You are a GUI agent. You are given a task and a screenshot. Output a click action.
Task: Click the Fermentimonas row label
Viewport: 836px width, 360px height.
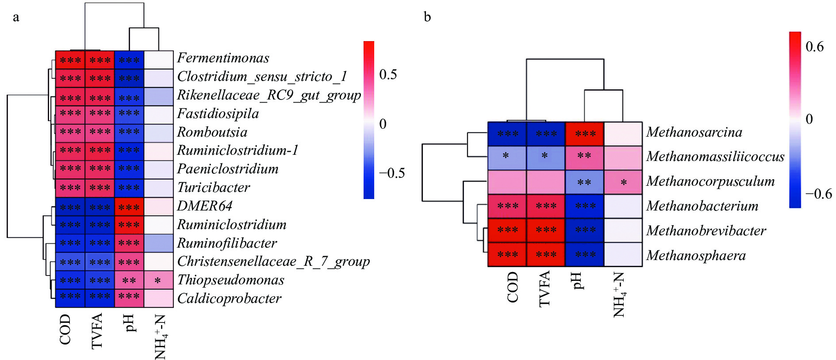tap(223, 58)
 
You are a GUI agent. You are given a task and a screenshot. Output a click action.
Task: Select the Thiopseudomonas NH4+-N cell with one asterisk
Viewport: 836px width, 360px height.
tap(158, 280)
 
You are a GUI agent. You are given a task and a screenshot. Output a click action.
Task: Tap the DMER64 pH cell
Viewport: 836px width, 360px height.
tap(129, 206)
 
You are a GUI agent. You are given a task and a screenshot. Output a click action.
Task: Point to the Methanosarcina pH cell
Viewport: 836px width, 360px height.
tap(584, 134)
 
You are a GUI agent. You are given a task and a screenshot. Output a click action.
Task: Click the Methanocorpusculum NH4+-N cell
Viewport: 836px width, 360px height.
tap(623, 182)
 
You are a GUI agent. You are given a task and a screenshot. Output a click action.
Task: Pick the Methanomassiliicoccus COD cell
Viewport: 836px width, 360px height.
tap(507, 158)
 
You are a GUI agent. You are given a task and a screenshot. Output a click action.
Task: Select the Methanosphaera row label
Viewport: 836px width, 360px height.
tap(696, 256)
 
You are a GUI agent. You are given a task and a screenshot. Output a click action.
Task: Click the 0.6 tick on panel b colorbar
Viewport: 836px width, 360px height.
tap(815, 46)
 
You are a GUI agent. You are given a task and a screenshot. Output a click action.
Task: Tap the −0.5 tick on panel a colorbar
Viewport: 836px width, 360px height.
tap(391, 173)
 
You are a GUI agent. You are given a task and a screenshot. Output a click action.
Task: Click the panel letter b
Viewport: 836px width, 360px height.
tap(427, 17)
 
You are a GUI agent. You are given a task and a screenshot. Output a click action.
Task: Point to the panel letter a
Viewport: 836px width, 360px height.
tap(16, 18)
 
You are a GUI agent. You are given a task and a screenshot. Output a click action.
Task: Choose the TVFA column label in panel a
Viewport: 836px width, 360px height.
tap(97, 331)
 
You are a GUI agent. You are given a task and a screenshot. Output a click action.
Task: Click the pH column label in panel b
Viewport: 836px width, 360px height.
tap(577, 280)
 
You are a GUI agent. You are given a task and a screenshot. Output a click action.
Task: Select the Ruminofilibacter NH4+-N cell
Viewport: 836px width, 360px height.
tap(158, 243)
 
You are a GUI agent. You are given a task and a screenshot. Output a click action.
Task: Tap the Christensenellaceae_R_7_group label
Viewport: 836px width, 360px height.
tap(273, 262)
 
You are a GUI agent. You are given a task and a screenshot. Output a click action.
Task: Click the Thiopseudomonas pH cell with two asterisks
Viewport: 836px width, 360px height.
tap(129, 280)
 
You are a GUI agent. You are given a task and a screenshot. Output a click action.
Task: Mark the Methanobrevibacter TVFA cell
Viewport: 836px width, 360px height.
tap(546, 230)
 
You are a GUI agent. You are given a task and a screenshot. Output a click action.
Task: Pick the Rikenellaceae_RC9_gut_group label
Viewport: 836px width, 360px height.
tap(269, 96)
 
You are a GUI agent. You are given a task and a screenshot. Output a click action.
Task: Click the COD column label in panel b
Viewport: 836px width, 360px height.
tap(513, 287)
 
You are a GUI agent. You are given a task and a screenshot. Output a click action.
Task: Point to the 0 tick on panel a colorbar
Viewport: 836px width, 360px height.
tap(383, 124)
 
